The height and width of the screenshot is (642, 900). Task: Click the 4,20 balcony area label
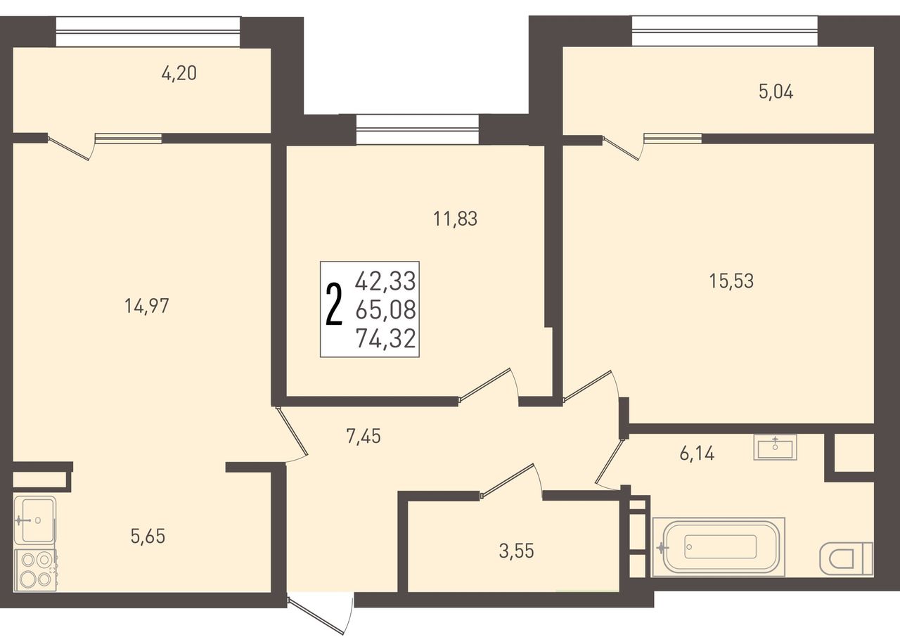pyautogui.click(x=179, y=74)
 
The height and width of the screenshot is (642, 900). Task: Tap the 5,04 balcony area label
pyautogui.click(x=776, y=92)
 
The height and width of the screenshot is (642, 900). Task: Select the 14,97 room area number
pyautogui.click(x=147, y=306)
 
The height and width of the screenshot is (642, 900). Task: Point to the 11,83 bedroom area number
pyautogui.click(x=455, y=219)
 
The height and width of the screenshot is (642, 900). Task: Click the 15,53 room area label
pyautogui.click(x=731, y=281)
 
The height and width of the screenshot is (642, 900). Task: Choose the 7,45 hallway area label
pyautogui.click(x=364, y=436)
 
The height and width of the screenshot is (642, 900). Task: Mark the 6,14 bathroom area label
pyautogui.click(x=697, y=454)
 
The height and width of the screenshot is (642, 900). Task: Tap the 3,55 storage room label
pyautogui.click(x=517, y=551)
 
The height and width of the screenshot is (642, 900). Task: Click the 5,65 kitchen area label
pyautogui.click(x=148, y=536)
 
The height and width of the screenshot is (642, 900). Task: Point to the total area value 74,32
pyautogui.click(x=386, y=338)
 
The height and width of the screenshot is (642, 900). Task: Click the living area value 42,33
pyautogui.click(x=385, y=281)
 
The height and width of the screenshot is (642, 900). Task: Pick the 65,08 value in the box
pyautogui.click(x=386, y=309)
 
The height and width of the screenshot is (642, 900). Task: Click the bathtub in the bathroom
pyautogui.click(x=719, y=546)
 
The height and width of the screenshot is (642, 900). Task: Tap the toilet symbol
pyautogui.click(x=846, y=558)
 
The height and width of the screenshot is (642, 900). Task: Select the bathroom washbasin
pyautogui.click(x=775, y=447)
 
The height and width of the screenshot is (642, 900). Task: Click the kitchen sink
pyautogui.click(x=34, y=520)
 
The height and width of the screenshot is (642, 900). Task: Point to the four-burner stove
pyautogui.click(x=35, y=570)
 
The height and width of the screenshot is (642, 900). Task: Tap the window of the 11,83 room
pyautogui.click(x=418, y=129)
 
